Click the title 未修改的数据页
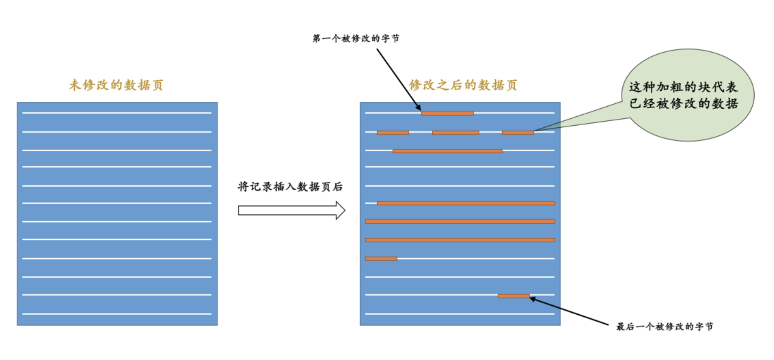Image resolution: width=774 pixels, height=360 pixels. (116, 85)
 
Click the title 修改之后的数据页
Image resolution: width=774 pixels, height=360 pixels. (463, 85)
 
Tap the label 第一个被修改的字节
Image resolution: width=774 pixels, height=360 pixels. (355, 38)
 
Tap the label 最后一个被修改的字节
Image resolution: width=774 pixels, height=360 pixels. (664, 326)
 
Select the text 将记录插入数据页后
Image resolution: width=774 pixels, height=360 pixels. (290, 187)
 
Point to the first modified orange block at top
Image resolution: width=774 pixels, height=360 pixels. (447, 113)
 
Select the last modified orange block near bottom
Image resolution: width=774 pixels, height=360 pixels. (514, 296)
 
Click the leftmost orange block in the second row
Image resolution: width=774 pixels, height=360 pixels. (393, 133)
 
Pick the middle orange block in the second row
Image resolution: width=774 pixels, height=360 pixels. (456, 133)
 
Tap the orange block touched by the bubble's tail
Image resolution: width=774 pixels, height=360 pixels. (517, 133)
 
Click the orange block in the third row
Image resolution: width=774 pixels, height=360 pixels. (447, 151)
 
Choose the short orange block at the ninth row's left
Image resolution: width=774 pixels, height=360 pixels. (381, 259)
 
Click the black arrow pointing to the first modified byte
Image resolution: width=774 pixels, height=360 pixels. (398, 78)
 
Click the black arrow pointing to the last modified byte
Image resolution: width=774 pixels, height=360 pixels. (569, 311)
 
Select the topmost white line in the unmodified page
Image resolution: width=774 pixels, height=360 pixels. (117, 113)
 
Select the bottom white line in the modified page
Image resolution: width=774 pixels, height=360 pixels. (460, 314)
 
